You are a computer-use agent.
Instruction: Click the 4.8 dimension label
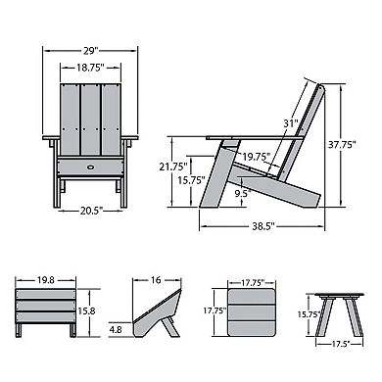118,329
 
